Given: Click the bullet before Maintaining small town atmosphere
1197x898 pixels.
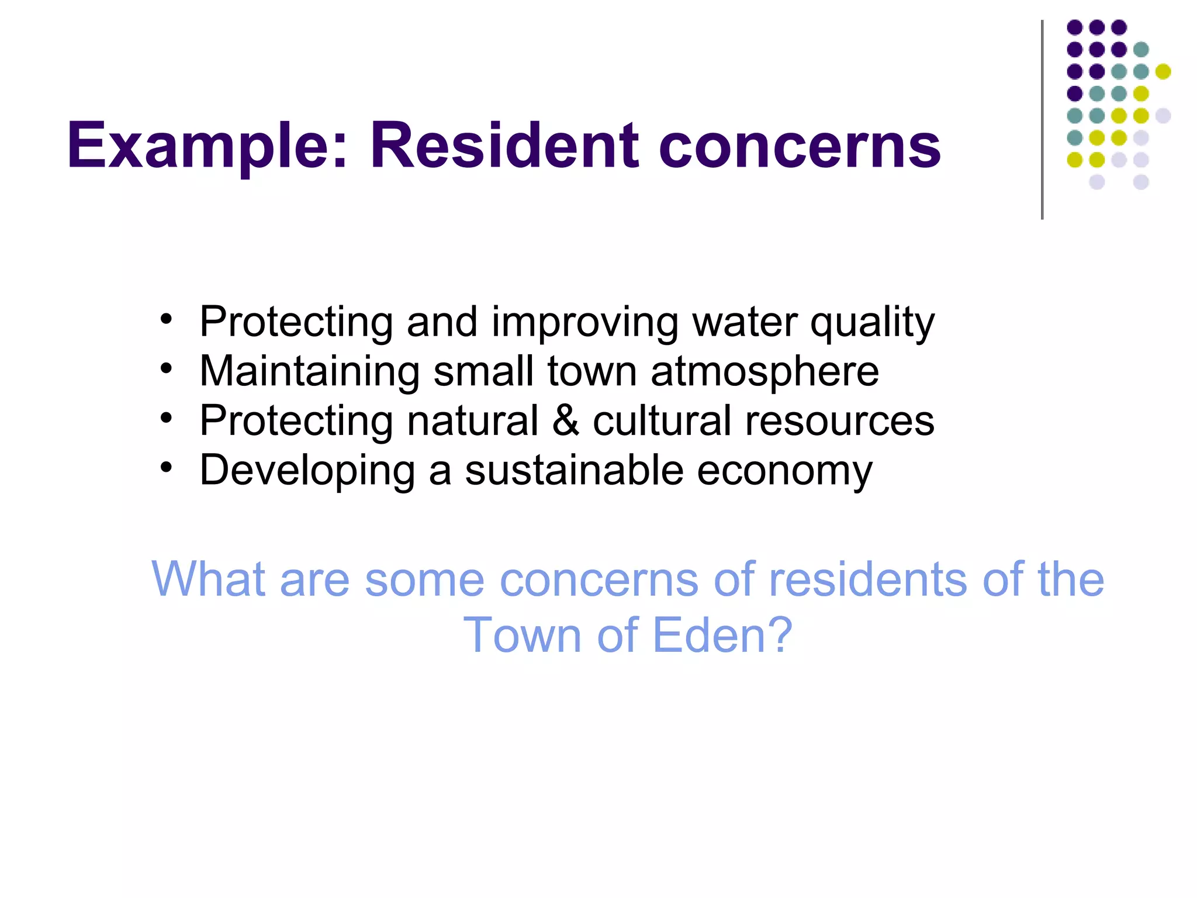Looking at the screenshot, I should [167, 369].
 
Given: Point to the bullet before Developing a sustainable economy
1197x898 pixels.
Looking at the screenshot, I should [167, 468].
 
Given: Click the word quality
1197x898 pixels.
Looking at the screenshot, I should [872, 323].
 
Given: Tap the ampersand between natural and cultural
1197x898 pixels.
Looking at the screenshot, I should [565, 420].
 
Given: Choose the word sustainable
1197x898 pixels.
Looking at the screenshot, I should [574, 470].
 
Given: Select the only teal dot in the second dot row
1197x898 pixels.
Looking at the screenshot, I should [1141, 50].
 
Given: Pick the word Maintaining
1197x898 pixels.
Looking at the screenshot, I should [309, 372].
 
